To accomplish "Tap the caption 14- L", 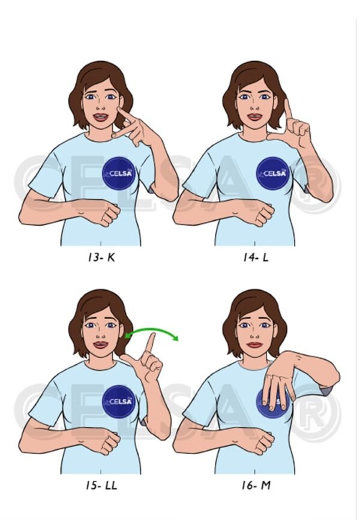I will pyautogui.click(x=256, y=259).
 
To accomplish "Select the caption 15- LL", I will pyautogui.click(x=100, y=484).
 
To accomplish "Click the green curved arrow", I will pyautogui.click(x=152, y=330).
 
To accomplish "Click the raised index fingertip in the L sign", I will pyautogui.click(x=287, y=103).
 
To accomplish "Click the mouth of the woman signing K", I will pyautogui.click(x=100, y=117).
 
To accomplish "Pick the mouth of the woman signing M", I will pyautogui.click(x=255, y=344).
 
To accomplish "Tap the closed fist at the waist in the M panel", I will pyautogui.click(x=263, y=443).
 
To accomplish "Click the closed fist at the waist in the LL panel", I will pyautogui.click(x=108, y=443).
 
